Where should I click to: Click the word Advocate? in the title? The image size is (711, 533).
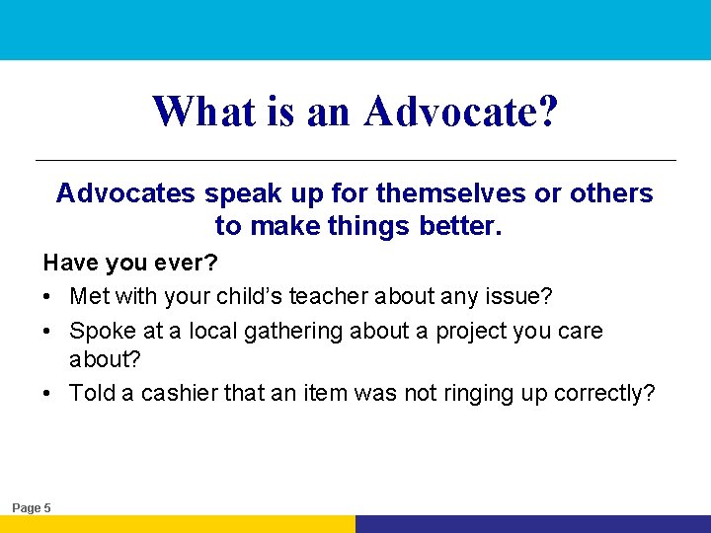tap(461, 112)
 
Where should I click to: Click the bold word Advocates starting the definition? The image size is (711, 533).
tap(125, 193)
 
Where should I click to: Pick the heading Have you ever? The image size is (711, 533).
tap(129, 264)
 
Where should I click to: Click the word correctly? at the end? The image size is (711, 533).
tap(604, 393)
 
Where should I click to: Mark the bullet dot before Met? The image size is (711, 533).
tap(48, 296)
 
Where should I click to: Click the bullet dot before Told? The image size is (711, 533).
tap(48, 394)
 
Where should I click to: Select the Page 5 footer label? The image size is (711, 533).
tap(32, 507)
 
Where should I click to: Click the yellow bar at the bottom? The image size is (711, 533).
tap(178, 524)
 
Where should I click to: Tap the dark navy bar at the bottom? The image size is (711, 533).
tap(533, 524)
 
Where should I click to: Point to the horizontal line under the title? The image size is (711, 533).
tap(355, 160)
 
